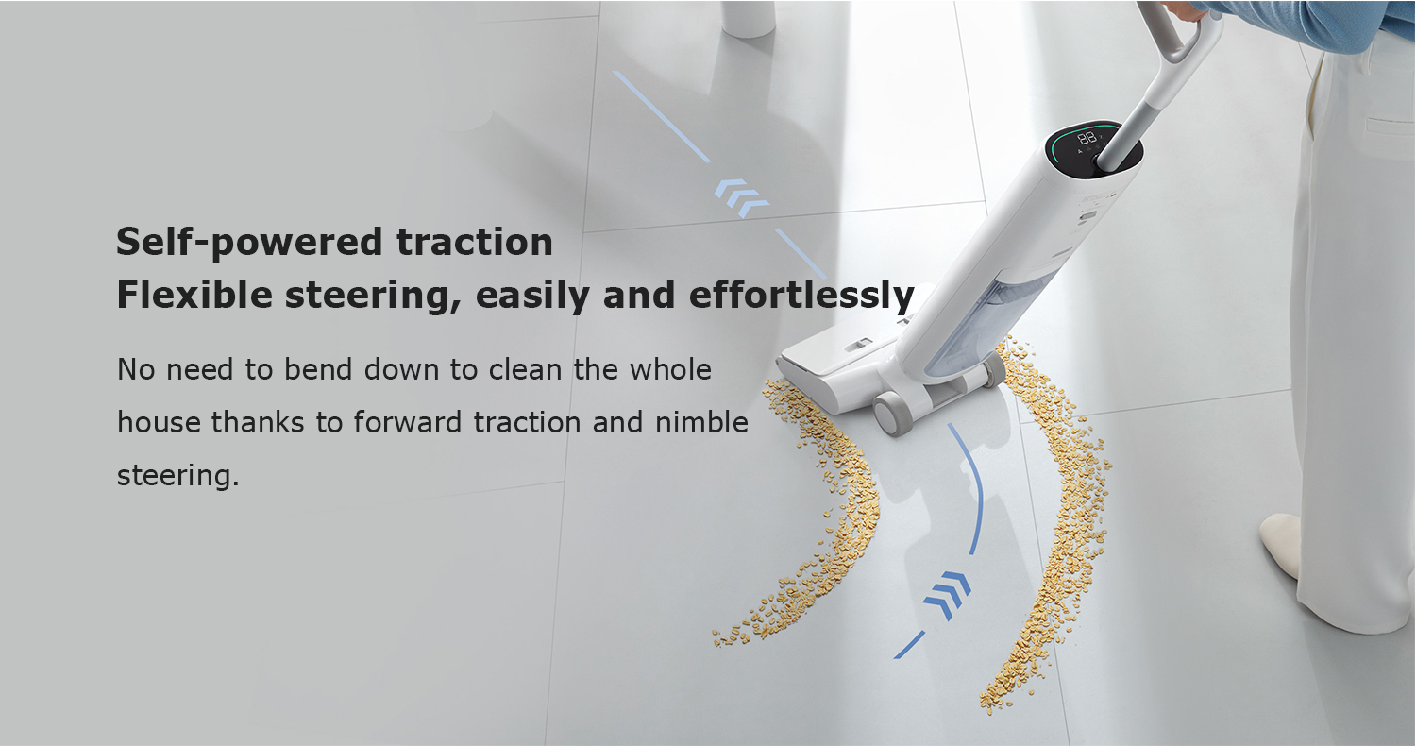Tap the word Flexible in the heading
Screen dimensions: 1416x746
[x=194, y=295]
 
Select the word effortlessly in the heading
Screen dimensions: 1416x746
[x=801, y=296]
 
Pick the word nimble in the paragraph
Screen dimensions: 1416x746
[x=701, y=422]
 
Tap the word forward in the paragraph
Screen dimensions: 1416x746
[x=407, y=422]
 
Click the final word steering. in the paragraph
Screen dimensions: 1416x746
[x=178, y=475]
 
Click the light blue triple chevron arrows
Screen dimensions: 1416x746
[x=741, y=198]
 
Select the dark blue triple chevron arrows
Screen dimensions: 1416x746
[x=947, y=597]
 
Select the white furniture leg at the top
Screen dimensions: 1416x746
[x=750, y=18]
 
